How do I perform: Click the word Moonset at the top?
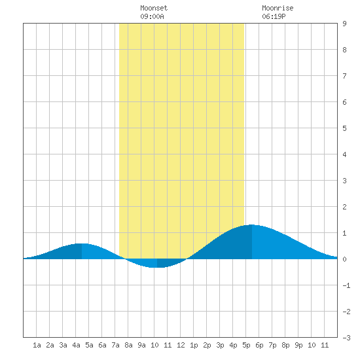(x=154, y=8)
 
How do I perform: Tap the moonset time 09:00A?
(x=152, y=16)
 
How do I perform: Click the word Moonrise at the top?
(x=278, y=8)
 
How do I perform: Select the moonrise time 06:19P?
(x=274, y=16)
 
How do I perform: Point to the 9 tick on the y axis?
(x=344, y=24)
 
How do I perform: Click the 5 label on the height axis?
(x=344, y=128)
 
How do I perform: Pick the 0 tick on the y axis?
(x=344, y=259)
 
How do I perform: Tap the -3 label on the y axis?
(x=346, y=338)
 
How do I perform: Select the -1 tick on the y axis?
(x=346, y=285)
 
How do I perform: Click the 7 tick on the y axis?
(x=344, y=76)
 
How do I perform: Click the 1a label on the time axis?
(x=37, y=345)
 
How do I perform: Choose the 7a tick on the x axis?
(x=115, y=345)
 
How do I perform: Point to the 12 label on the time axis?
(x=181, y=345)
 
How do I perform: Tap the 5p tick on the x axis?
(x=246, y=345)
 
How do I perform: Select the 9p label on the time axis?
(x=298, y=345)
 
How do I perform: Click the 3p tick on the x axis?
(x=220, y=345)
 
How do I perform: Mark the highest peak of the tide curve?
(x=252, y=225)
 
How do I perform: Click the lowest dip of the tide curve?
(x=157, y=267)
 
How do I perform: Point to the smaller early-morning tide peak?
(x=82, y=243)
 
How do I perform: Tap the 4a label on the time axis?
(x=76, y=345)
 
